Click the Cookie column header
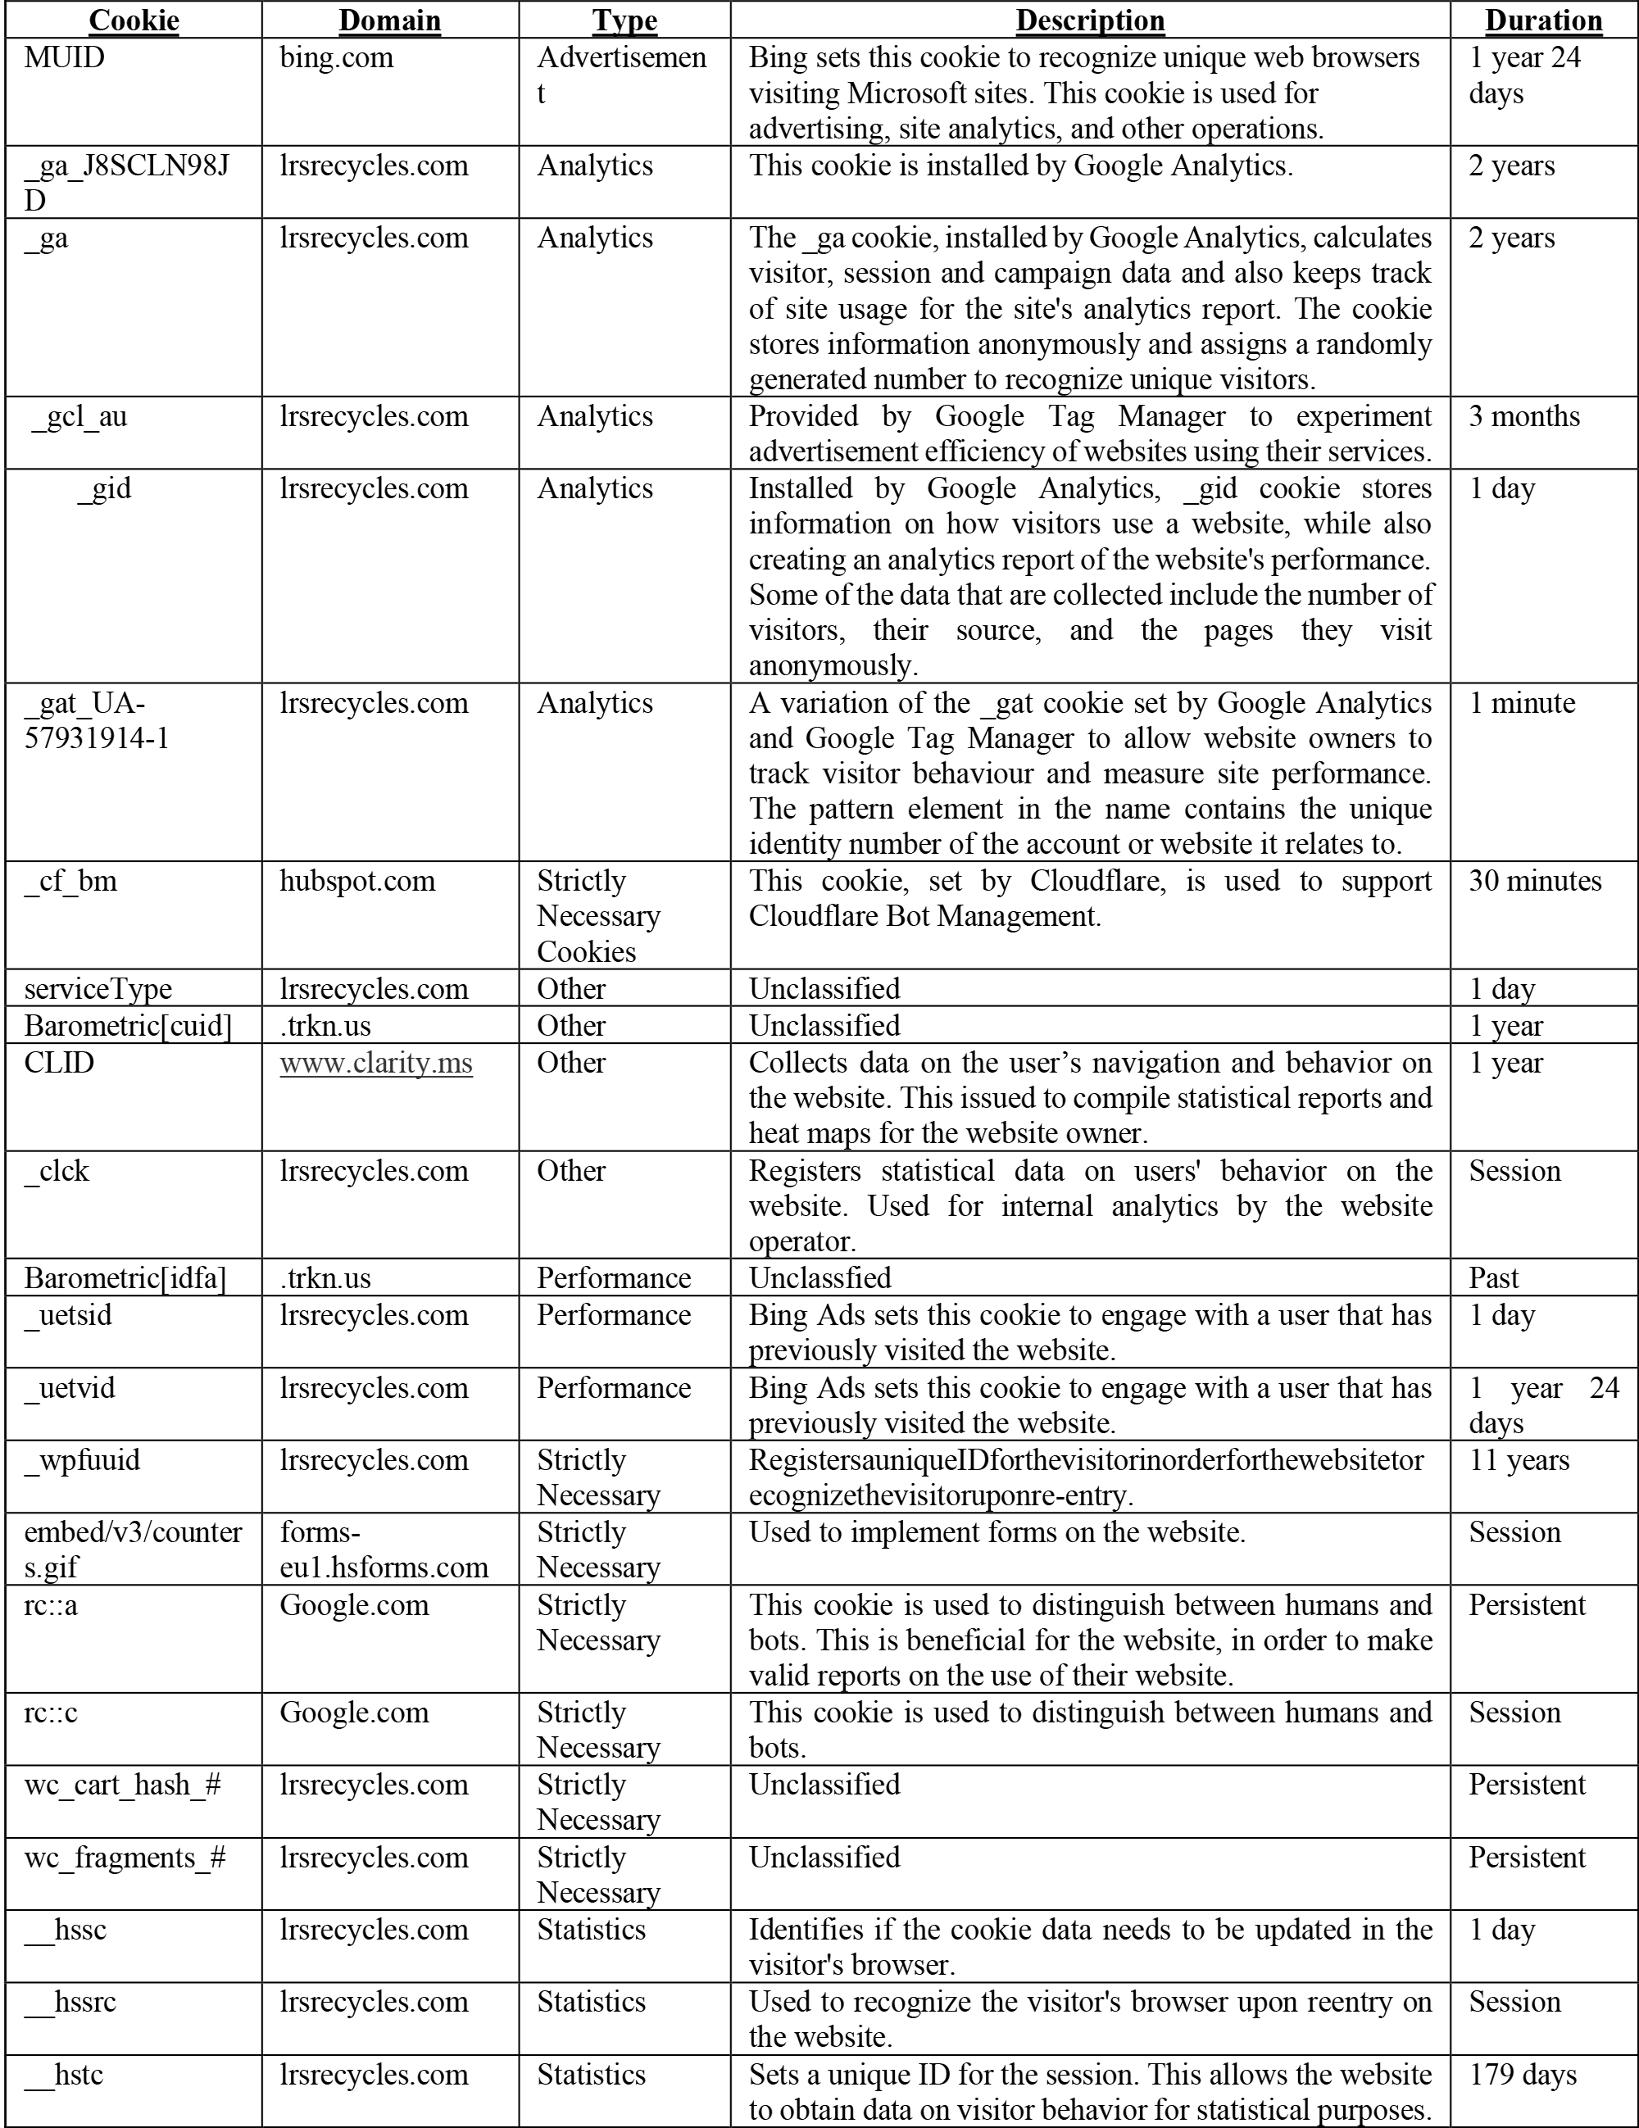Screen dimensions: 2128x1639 click(134, 20)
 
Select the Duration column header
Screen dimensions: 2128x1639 click(1543, 20)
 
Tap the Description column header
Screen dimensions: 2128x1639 click(1089, 20)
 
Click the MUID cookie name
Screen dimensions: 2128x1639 click(64, 57)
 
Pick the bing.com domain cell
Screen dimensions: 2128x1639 click(336, 57)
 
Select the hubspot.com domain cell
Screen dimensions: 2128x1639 click(356, 881)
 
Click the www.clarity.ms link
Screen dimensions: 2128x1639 click(376, 1062)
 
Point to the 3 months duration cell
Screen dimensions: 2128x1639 click(1524, 416)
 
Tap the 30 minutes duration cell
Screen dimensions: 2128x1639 click(1535, 881)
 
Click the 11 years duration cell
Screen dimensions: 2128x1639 click(1519, 1459)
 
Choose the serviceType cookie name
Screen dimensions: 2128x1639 click(98, 989)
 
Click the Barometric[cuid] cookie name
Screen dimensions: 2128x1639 click(128, 1026)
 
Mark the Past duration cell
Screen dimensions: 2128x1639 click(1494, 1277)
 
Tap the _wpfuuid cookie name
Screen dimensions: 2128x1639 click(82, 1459)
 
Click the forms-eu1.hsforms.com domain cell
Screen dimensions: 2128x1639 click(384, 1549)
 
